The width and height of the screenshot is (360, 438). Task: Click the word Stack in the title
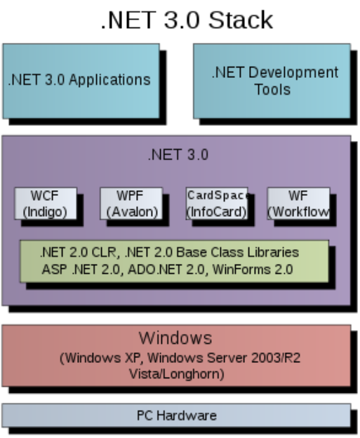click(241, 20)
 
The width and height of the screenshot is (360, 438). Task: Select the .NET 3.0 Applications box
click(81, 81)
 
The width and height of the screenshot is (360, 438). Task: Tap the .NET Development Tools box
click(272, 81)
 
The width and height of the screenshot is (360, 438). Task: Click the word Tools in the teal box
click(272, 89)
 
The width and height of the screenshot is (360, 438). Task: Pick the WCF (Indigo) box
click(46, 204)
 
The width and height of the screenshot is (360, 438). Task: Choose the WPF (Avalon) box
click(131, 204)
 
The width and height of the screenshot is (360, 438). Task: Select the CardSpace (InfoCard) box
click(217, 204)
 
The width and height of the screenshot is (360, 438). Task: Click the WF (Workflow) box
click(298, 204)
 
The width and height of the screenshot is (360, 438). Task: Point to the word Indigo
click(45, 212)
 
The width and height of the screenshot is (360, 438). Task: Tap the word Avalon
click(132, 212)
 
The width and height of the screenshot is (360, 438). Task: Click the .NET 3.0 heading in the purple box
click(178, 154)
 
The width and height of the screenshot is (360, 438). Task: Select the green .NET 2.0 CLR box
click(174, 261)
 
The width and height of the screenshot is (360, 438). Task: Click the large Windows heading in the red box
click(175, 338)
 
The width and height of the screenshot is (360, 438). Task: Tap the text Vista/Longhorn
click(177, 373)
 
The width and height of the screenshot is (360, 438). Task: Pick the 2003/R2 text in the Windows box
click(276, 358)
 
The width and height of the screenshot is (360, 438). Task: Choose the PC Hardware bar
click(176, 415)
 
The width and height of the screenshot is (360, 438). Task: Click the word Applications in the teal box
click(109, 80)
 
